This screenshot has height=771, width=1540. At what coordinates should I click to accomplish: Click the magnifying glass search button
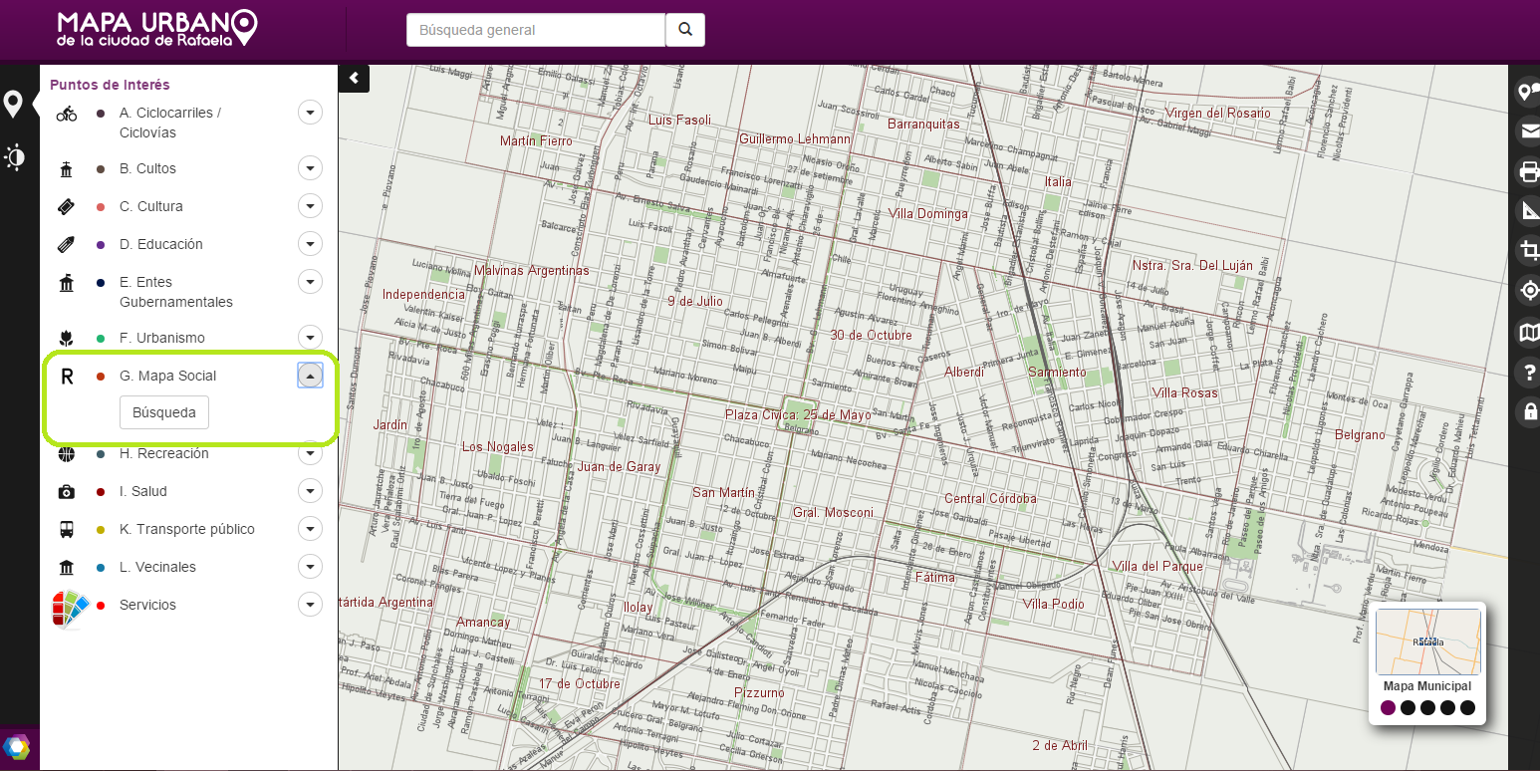click(x=685, y=30)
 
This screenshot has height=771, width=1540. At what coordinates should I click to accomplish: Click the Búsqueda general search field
click(x=535, y=30)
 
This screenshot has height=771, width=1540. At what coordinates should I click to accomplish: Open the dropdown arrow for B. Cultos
click(x=311, y=168)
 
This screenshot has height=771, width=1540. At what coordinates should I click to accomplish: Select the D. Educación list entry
click(x=160, y=244)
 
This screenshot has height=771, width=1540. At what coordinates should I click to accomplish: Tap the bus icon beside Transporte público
click(x=67, y=529)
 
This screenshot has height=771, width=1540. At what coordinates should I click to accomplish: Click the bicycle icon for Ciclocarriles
click(x=67, y=115)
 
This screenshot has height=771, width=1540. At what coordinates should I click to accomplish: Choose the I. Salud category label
click(x=143, y=491)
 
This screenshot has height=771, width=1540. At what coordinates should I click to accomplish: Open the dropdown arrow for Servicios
click(x=311, y=605)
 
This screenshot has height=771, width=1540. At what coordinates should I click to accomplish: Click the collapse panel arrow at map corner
click(x=354, y=78)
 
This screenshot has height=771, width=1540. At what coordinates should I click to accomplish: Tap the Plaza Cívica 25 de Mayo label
click(x=797, y=414)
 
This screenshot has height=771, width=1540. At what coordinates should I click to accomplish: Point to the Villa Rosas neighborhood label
click(x=1184, y=392)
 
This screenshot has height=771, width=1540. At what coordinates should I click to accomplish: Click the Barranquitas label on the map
click(x=923, y=125)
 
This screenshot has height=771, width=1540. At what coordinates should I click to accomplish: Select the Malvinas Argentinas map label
click(x=531, y=270)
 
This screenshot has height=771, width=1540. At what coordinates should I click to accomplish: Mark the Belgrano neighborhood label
click(x=1360, y=434)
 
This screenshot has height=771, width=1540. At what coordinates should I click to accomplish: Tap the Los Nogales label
click(x=498, y=446)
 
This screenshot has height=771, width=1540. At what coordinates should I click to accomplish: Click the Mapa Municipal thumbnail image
click(x=1427, y=642)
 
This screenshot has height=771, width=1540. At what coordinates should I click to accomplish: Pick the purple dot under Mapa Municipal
click(x=1388, y=707)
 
